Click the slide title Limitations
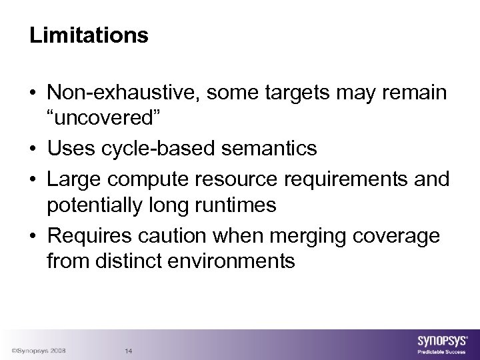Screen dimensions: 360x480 coord(89,35)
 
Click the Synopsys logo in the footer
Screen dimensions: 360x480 coord(440,341)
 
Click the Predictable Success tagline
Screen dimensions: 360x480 coord(441,351)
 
